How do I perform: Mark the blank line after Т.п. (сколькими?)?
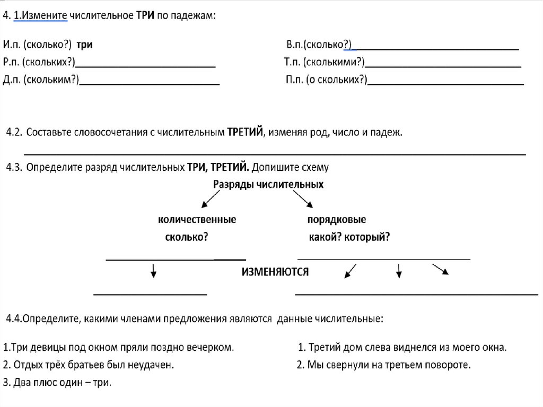click(x=443, y=66)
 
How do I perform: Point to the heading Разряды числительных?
click(x=268, y=185)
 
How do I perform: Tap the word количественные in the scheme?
click(x=197, y=220)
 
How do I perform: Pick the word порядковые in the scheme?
click(x=337, y=220)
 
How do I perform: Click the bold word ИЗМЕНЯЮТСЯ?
click(x=275, y=272)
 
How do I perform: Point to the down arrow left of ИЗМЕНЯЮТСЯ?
click(x=153, y=271)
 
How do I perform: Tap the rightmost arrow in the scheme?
click(x=441, y=269)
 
